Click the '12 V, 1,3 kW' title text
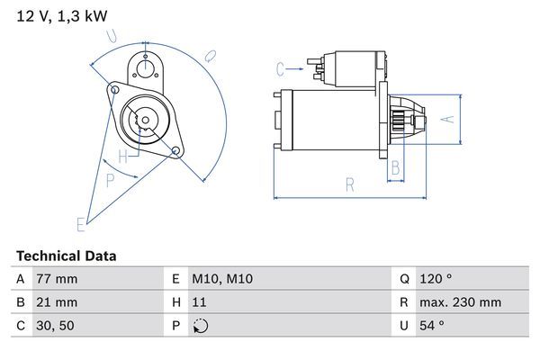point(56,16)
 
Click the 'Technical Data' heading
point(66,256)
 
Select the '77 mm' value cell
point(56,279)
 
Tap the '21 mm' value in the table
point(56,302)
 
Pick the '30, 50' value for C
point(55,326)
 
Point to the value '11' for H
point(201,302)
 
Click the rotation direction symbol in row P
point(201,326)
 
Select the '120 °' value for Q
point(436,279)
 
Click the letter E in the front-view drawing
point(80,223)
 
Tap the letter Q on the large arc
point(209,55)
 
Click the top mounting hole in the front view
point(144,64)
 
